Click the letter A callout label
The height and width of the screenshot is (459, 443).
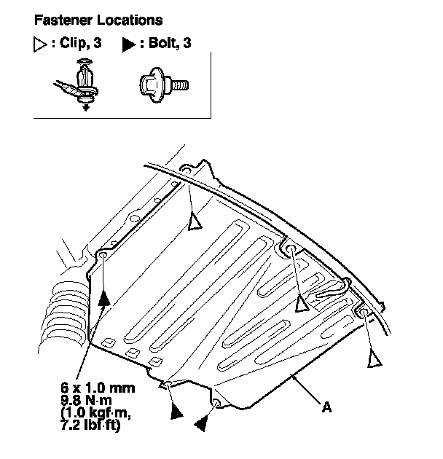[x=327, y=408]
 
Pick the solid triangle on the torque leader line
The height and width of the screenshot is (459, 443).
[x=105, y=296]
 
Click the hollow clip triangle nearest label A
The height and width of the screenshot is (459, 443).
[x=375, y=358]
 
